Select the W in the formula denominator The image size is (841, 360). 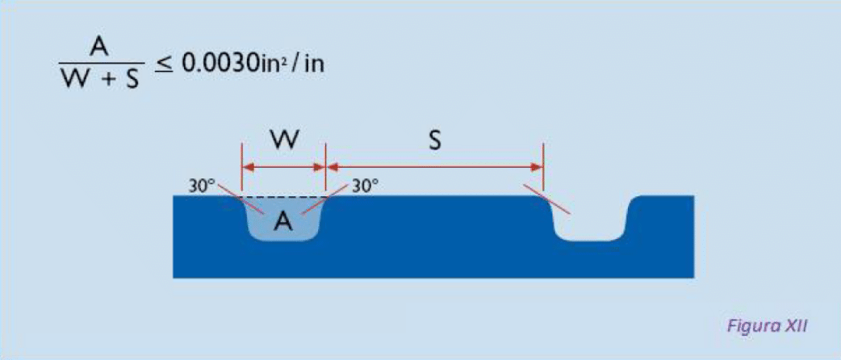[x=74, y=81]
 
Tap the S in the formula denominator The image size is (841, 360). [x=132, y=81]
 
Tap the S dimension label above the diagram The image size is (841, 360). [x=435, y=142]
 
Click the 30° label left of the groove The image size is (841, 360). [x=201, y=186]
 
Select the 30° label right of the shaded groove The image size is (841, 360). [x=366, y=186]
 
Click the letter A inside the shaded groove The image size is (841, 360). [x=283, y=221]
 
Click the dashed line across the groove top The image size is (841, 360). [x=284, y=197]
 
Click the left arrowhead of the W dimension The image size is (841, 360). [x=248, y=167]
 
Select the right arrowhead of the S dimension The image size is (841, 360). [x=538, y=167]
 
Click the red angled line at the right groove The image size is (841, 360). [x=548, y=199]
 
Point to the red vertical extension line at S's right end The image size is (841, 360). [x=543, y=167]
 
